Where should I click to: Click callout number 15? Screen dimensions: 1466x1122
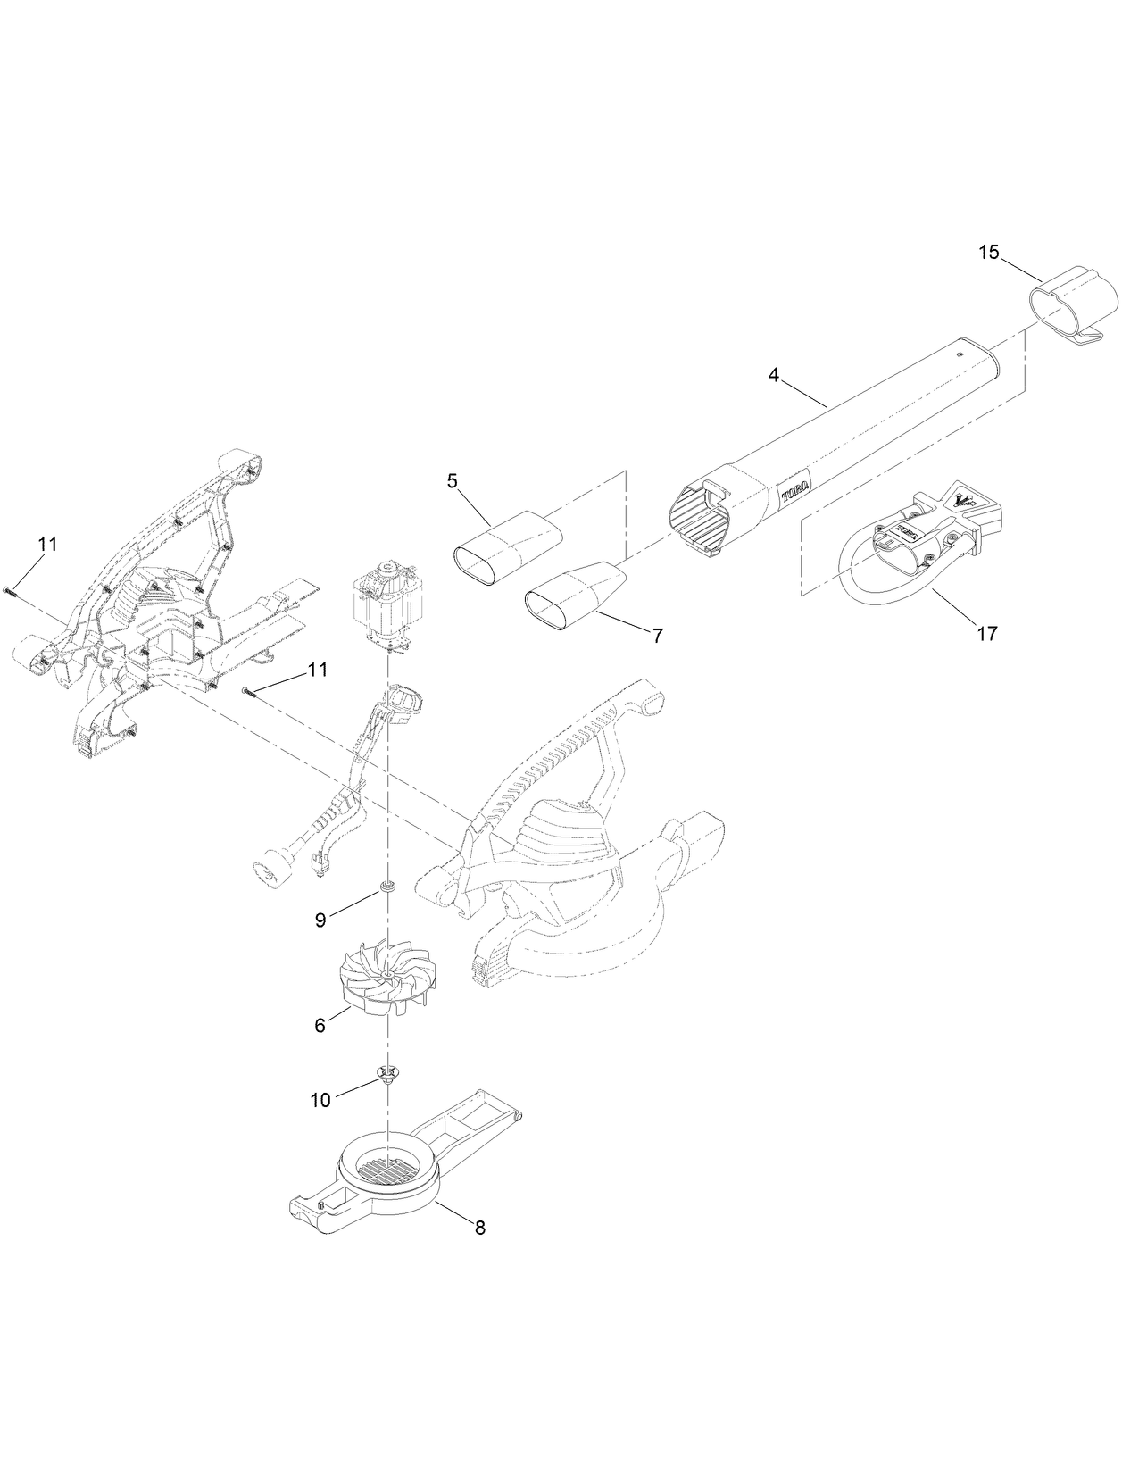(x=988, y=253)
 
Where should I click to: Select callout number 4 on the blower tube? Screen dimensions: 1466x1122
(x=774, y=375)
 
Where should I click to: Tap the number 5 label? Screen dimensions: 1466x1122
(x=453, y=481)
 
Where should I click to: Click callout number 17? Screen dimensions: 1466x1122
(x=986, y=633)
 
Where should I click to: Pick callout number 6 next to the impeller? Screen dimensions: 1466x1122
(x=320, y=1026)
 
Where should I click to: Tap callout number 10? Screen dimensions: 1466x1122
(x=320, y=1101)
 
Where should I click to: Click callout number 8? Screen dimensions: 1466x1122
(x=479, y=1228)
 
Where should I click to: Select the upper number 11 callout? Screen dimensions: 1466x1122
(x=47, y=544)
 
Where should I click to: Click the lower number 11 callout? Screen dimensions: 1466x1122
(x=318, y=669)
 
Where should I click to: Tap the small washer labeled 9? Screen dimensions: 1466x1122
(x=388, y=887)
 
